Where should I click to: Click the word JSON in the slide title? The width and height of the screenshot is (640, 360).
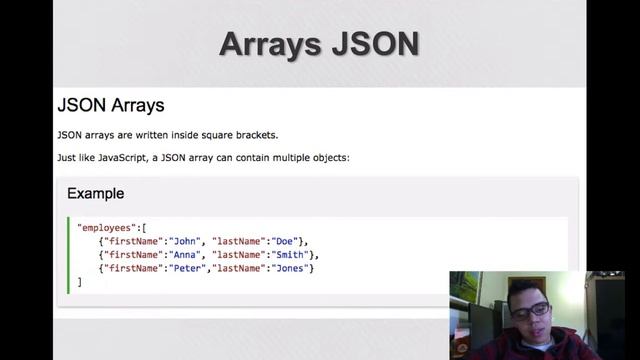point(376,44)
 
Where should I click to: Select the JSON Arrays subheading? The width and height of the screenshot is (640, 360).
point(111,105)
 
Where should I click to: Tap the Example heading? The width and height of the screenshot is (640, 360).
point(95,193)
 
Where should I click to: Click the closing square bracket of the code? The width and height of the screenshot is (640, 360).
point(79,282)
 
